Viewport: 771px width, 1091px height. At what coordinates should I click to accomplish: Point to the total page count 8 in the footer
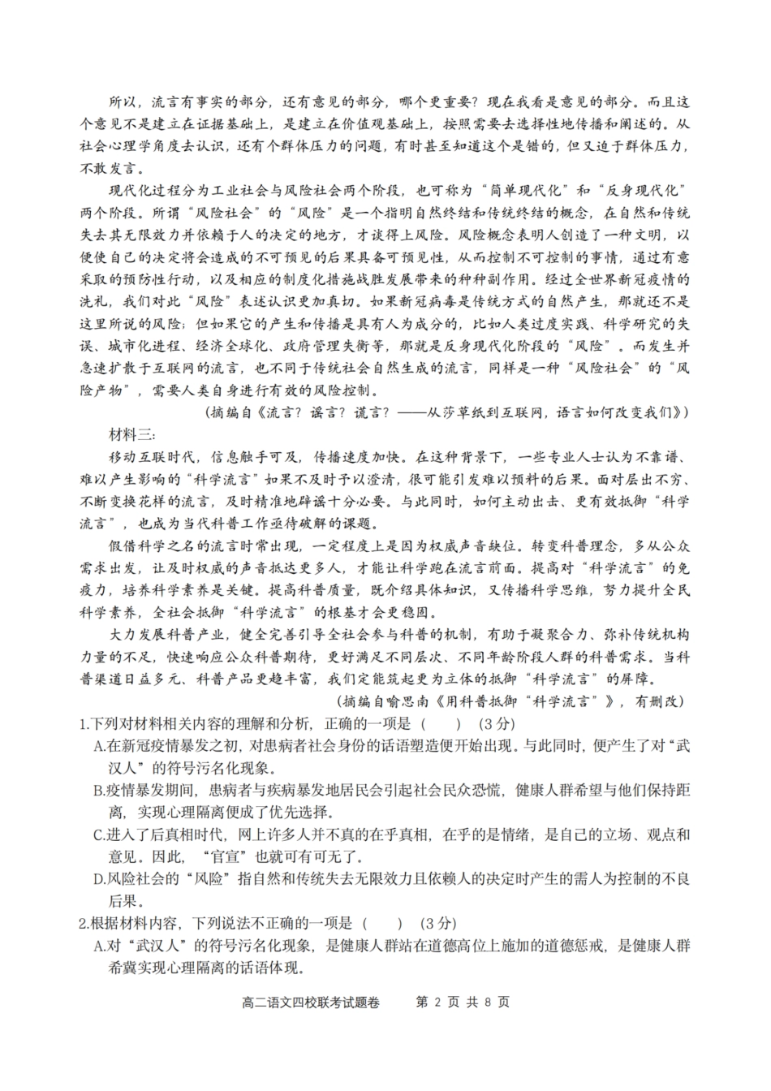tap(488, 1002)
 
